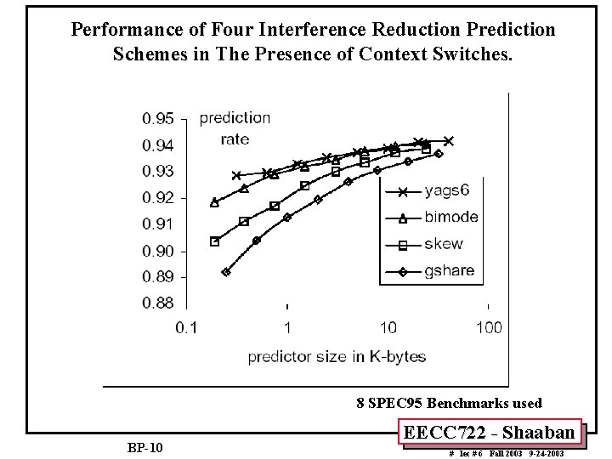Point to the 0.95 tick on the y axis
coord(159,118)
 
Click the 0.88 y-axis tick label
coord(159,303)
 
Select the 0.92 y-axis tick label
coord(159,198)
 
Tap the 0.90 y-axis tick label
coord(159,251)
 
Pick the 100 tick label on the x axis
coord(490,328)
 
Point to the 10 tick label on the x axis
coord(388,328)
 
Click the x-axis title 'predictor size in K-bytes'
coord(337,357)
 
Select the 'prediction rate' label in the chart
coord(235,128)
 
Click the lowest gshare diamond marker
coord(226,272)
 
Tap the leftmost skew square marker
coord(214,241)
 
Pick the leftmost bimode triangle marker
coord(214,202)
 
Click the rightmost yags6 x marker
coord(449,141)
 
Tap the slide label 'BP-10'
coord(145,447)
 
